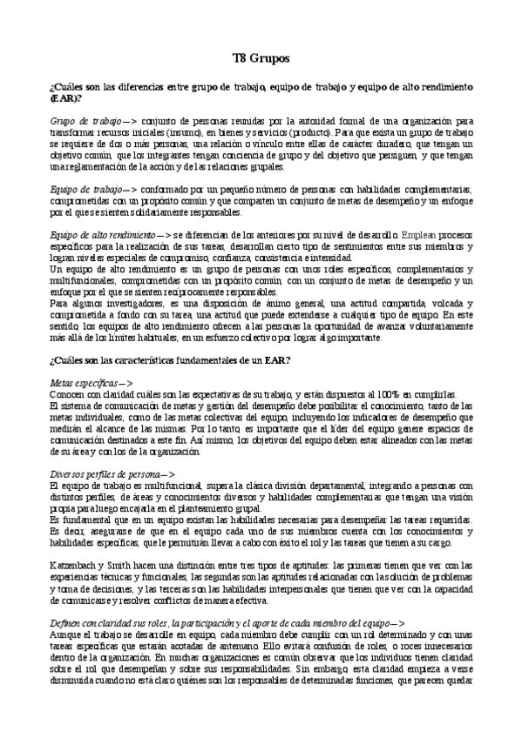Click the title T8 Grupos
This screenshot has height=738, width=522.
[261, 58]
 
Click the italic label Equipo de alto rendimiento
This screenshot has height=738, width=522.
[103, 234]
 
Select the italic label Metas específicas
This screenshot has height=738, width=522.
[85, 383]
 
